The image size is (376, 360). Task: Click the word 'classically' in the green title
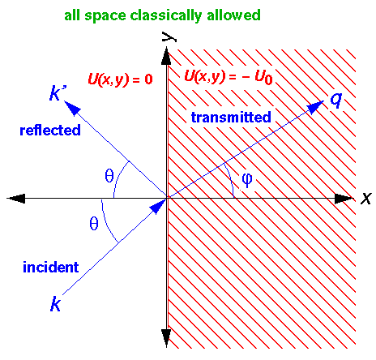click(165, 15)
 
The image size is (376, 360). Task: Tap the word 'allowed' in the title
click(233, 15)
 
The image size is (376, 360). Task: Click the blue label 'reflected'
click(50, 130)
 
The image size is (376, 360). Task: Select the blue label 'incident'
click(51, 268)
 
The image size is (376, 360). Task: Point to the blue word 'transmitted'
click(231, 118)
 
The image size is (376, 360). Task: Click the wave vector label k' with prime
click(58, 93)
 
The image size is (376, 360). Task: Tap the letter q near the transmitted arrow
click(336, 101)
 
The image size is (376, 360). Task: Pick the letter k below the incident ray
click(55, 305)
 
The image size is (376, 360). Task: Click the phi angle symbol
click(247, 179)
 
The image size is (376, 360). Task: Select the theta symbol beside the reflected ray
click(109, 176)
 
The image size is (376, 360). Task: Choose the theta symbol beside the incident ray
click(94, 224)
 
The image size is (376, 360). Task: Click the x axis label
click(366, 199)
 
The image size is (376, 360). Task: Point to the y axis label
click(169, 36)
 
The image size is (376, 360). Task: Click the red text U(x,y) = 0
click(120, 79)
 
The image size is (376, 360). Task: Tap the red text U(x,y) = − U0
click(229, 77)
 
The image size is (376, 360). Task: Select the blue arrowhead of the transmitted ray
click(315, 107)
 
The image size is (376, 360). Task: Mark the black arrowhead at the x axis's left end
click(15, 199)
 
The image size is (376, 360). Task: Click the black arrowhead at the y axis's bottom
click(166, 338)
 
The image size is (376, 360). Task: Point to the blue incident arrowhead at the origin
click(157, 207)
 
